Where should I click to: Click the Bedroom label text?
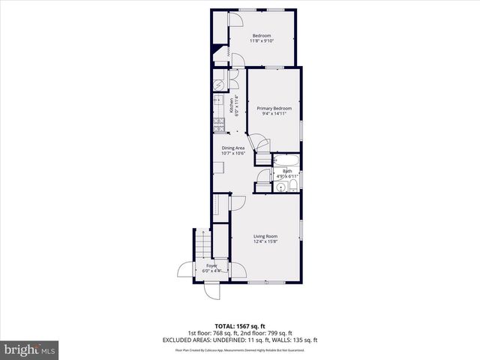coord(261,36)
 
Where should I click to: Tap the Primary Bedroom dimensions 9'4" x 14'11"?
coord(274,115)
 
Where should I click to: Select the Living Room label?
coord(266,235)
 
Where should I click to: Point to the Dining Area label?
coord(232,148)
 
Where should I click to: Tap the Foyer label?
coord(211,265)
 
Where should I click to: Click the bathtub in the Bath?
coord(286,161)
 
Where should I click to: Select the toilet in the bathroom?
coord(293,186)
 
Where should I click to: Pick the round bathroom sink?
coord(279,187)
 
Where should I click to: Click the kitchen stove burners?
coord(219,126)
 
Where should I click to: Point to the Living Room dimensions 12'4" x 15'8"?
coord(266,241)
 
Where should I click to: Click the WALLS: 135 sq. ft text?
coord(293,340)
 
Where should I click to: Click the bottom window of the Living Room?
coord(266,282)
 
